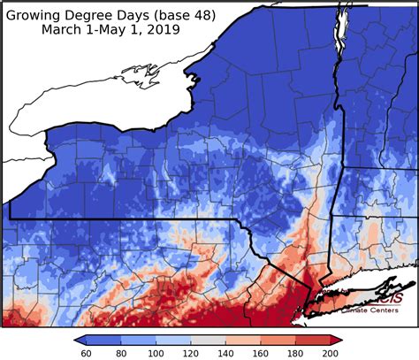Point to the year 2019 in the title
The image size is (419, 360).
click(164, 29)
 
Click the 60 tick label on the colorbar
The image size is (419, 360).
click(85, 353)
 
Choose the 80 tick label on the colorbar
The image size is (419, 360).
click(119, 353)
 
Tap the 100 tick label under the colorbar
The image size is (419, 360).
click(155, 353)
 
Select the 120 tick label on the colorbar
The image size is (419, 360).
click(190, 353)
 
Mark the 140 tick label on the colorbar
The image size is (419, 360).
click(225, 353)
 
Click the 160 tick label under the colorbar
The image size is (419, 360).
click(261, 353)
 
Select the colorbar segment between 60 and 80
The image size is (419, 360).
click(103, 339)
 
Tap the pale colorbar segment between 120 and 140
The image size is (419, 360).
click(208, 339)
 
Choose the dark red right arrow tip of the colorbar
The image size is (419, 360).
click(337, 339)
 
